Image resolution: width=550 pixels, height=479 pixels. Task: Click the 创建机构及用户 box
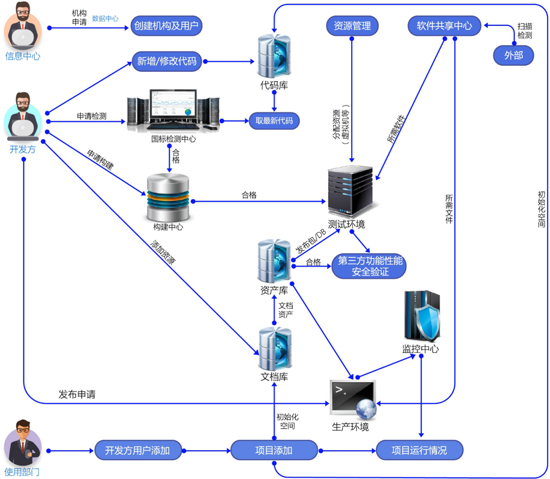pyautogui.click(x=166, y=26)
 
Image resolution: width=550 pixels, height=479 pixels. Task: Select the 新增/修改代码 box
pyautogui.click(x=167, y=61)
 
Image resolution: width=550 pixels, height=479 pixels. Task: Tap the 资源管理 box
pyautogui.click(x=352, y=26)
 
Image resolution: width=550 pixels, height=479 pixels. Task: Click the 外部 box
pyautogui.click(x=514, y=56)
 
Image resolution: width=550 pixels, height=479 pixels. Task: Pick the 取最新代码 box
pyautogui.click(x=274, y=121)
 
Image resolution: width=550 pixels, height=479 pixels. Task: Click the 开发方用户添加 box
pyautogui.click(x=137, y=450)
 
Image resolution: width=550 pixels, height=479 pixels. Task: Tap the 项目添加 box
pyautogui.click(x=274, y=450)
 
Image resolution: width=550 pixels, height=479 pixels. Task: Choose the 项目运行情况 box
pyautogui.click(x=419, y=450)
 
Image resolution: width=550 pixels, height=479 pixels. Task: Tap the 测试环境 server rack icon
pyautogui.click(x=350, y=191)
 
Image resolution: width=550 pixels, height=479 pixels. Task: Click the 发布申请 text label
pyautogui.click(x=77, y=395)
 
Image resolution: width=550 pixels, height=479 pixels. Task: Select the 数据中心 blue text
pyautogui.click(x=105, y=19)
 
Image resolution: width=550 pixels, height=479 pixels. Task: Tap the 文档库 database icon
pyautogui.click(x=274, y=349)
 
